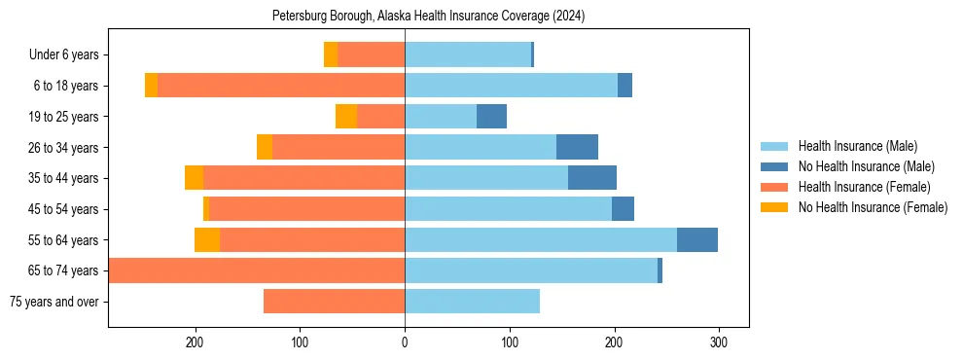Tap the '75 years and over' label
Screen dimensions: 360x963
pyautogui.click(x=53, y=302)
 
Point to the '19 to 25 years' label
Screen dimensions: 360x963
pyautogui.click(x=62, y=117)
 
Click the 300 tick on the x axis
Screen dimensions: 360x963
pyautogui.click(x=719, y=343)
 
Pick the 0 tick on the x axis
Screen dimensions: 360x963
pyautogui.click(x=405, y=343)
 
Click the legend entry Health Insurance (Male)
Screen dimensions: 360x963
pyautogui.click(x=857, y=146)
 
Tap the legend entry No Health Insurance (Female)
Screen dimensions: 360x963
pyautogui.click(x=873, y=207)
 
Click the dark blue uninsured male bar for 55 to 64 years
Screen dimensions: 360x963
pyautogui.click(x=697, y=239)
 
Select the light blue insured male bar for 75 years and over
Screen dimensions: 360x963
pyautogui.click(x=472, y=302)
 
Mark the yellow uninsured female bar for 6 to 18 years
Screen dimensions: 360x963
pyautogui.click(x=151, y=86)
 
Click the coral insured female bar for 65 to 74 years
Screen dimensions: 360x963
pyautogui.click(x=257, y=270)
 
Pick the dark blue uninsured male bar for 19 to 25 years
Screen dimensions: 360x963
pyautogui.click(x=491, y=117)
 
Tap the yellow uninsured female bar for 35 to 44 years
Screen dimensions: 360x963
pyautogui.click(x=194, y=178)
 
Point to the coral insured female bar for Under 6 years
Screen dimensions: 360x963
pyautogui.click(x=371, y=55)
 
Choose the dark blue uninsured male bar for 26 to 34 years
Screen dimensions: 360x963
pyautogui.click(x=577, y=147)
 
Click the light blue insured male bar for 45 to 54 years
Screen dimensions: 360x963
pyautogui.click(x=508, y=209)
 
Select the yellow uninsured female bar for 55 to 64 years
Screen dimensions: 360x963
pyautogui.click(x=207, y=239)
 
